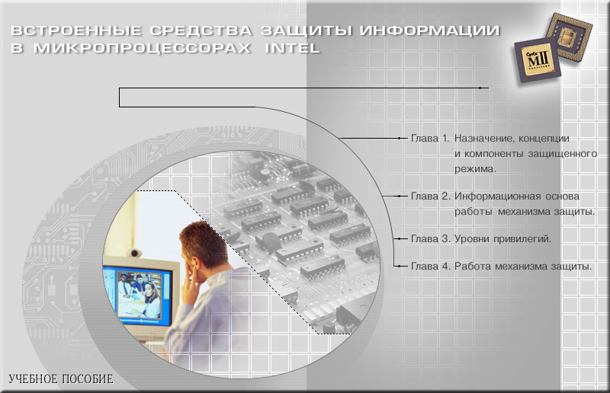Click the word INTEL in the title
click(292, 48)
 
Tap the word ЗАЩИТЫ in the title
click(307, 30)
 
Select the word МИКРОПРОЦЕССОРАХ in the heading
click(142, 48)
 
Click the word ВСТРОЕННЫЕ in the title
click(76, 30)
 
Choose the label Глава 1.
click(430, 139)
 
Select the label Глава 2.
click(430, 196)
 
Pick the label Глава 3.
click(430, 238)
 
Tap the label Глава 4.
click(430, 267)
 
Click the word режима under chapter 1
click(474, 170)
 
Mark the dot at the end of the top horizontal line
click(480, 88)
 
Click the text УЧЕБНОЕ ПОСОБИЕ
click(61, 379)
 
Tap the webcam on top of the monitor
click(135, 253)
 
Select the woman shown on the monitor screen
click(151, 299)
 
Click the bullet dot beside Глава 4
click(399, 267)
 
